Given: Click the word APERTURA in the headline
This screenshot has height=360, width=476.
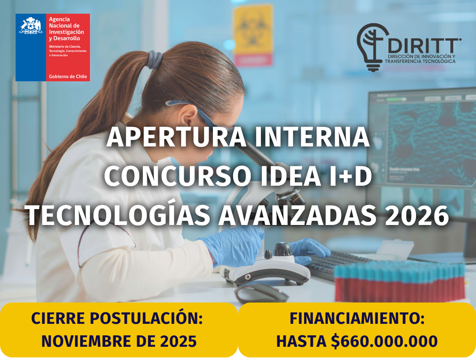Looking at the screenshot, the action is tap(176, 137).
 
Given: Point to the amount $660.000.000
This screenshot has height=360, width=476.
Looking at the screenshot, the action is tap(384, 341).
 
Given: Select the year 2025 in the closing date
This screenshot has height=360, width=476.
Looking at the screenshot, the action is tap(178, 341).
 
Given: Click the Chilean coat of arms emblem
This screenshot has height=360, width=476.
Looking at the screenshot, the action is tap(30, 26).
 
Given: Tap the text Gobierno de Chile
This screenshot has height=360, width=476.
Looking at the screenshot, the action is tap(68, 77).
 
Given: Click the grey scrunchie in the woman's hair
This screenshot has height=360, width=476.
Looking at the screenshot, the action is tap(155, 59).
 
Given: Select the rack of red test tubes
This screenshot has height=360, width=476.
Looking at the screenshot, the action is tap(399, 282).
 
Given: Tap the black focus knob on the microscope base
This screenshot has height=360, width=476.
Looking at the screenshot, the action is tap(283, 249).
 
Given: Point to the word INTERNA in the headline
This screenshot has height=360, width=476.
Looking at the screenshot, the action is tap(312, 137).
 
